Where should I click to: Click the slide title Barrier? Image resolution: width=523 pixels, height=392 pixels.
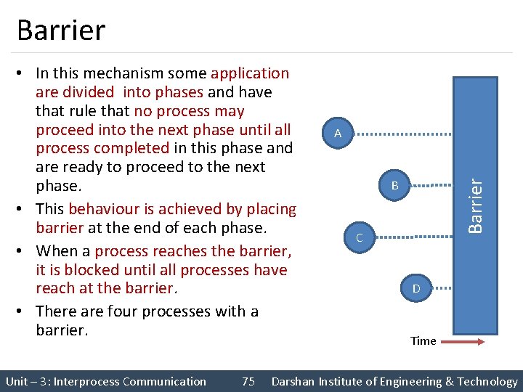(61, 30)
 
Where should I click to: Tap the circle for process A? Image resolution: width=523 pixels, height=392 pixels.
(338, 134)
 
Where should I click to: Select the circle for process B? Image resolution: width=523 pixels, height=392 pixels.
(395, 186)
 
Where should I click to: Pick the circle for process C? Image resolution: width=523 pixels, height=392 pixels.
(359, 237)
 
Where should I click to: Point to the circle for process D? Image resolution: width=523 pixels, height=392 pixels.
(416, 289)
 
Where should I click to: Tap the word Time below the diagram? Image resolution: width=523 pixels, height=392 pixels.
(423, 340)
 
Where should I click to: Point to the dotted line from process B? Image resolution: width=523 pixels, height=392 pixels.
(434, 186)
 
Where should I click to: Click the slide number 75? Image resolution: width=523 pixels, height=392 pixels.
(248, 381)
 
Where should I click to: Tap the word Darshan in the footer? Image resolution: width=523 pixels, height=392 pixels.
(296, 381)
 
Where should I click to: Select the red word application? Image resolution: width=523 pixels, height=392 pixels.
(250, 73)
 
